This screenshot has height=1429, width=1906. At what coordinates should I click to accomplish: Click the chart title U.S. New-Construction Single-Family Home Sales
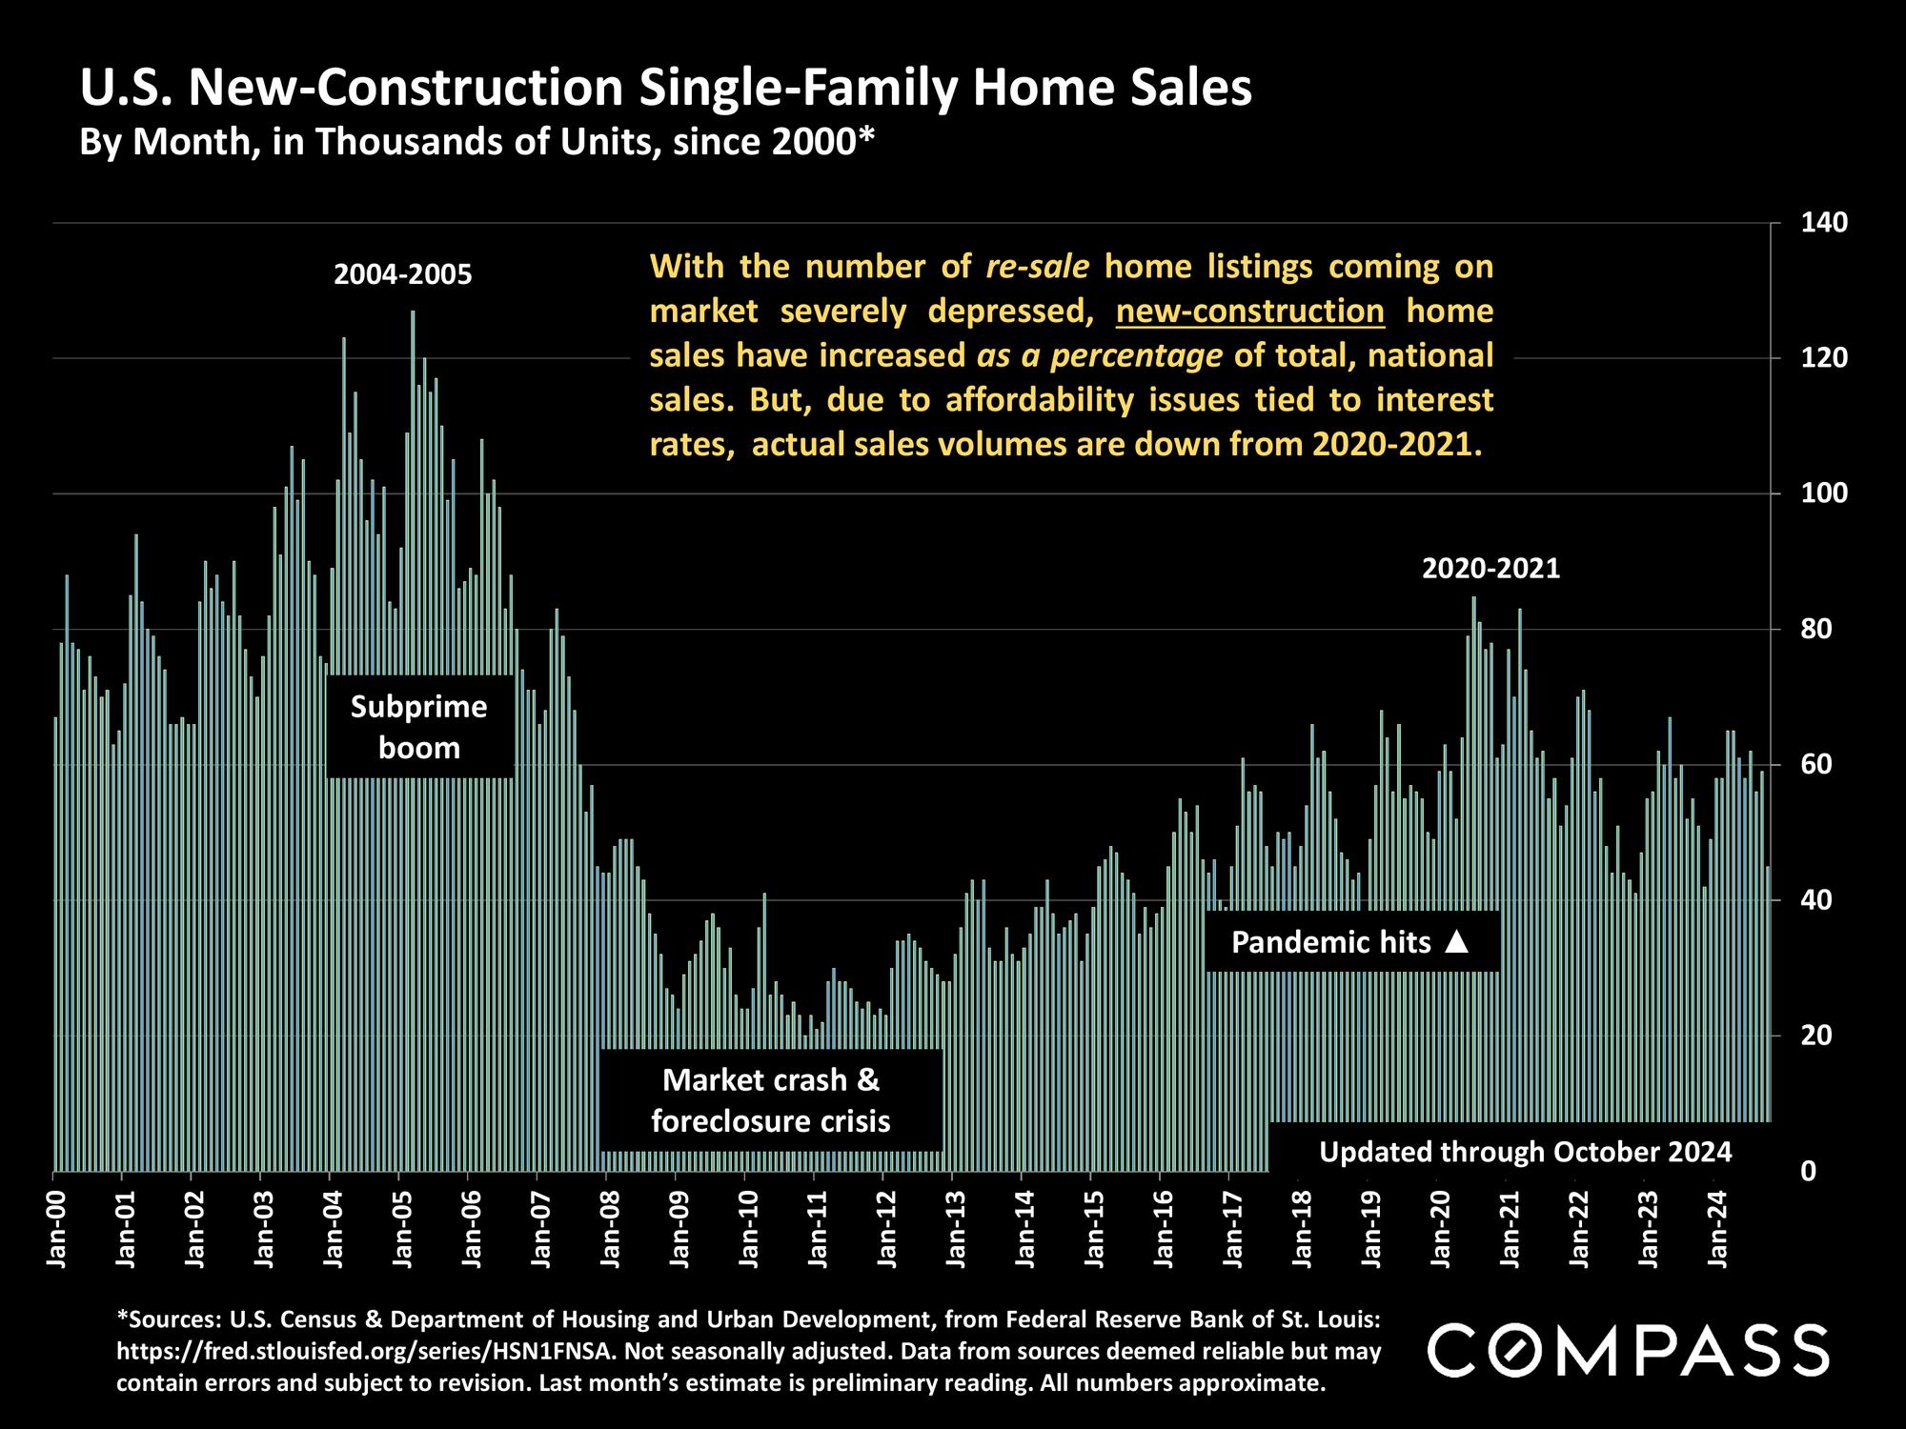click(x=665, y=88)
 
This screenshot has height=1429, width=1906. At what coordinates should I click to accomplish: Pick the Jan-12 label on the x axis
click(x=885, y=1229)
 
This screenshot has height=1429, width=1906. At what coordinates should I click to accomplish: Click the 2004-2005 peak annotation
click(x=403, y=275)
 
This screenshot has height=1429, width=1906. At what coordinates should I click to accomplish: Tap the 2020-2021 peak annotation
click(x=1490, y=570)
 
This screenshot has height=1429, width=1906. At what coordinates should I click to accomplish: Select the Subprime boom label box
click(x=419, y=727)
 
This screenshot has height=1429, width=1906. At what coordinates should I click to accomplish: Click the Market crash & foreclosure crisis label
click(x=771, y=1100)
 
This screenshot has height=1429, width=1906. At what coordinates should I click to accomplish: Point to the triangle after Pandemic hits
click(x=1457, y=942)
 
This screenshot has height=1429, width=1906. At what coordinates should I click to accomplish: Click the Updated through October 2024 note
click(x=1525, y=1152)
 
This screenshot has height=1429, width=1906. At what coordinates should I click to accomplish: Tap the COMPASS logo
click(x=1628, y=1350)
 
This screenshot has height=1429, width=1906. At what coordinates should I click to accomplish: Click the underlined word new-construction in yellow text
click(x=1249, y=312)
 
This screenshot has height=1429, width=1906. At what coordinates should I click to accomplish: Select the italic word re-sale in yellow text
click(x=1037, y=267)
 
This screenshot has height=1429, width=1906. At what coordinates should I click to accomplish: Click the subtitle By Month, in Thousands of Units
click(x=476, y=142)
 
